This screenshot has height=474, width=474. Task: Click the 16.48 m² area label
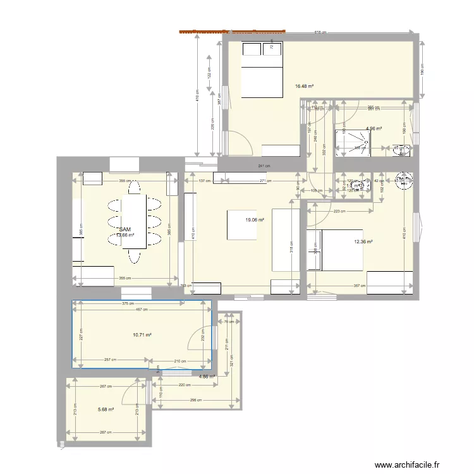304,87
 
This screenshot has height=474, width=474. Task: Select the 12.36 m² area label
363,241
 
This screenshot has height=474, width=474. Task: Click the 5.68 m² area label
106,410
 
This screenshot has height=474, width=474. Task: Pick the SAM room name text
125,230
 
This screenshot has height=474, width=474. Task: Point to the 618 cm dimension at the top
321,32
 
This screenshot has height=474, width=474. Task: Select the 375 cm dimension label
130,303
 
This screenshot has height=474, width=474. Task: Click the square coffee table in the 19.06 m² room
240,225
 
